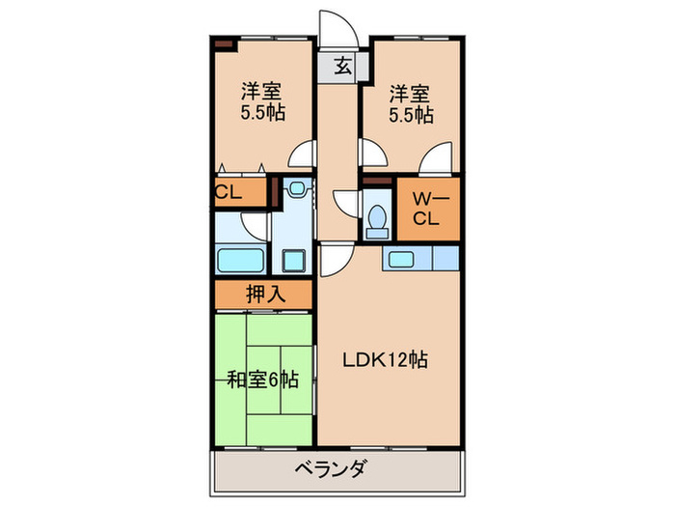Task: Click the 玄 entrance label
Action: [342, 67]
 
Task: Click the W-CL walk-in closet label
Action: [426, 209]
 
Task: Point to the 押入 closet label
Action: [264, 295]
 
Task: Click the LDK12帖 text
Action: [387, 360]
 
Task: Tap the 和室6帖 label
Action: [263, 380]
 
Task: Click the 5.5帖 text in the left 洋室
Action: [262, 113]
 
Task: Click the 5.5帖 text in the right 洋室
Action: [411, 113]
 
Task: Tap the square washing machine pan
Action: [293, 261]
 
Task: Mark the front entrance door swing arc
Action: [332, 26]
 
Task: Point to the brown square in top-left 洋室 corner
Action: [224, 44]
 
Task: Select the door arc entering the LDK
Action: [333, 256]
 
